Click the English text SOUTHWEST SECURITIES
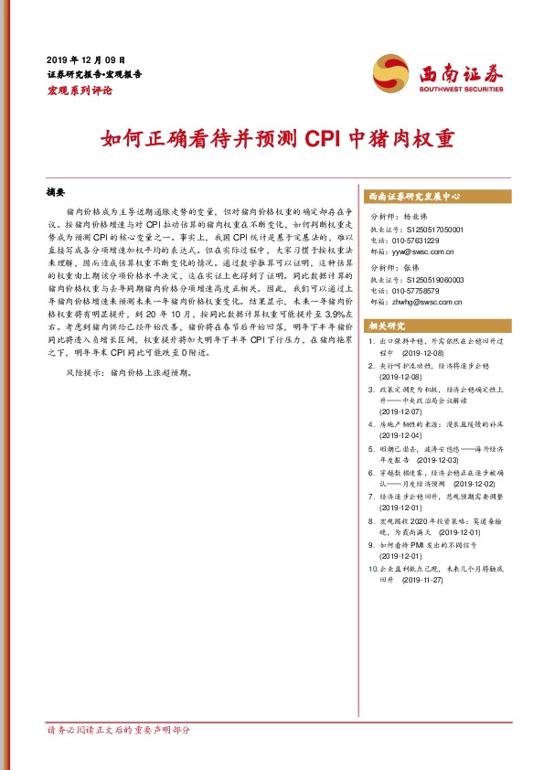coord(462,90)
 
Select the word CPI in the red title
coord(323,139)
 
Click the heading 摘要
coord(56,194)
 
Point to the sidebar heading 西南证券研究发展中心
coord(413,197)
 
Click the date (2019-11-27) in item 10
coord(421,580)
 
